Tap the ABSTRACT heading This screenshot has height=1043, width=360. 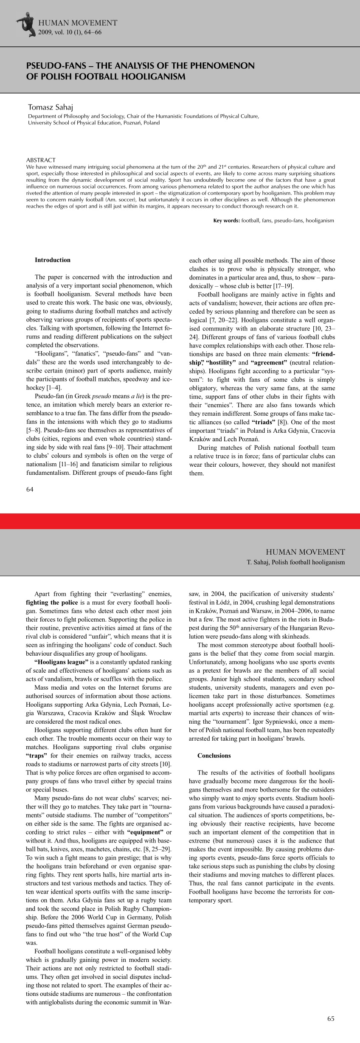41,160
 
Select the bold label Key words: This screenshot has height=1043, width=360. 227,221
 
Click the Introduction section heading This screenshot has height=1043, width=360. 53,260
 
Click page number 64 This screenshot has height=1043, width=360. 30,489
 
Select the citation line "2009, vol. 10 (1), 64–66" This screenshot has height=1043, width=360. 70,32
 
